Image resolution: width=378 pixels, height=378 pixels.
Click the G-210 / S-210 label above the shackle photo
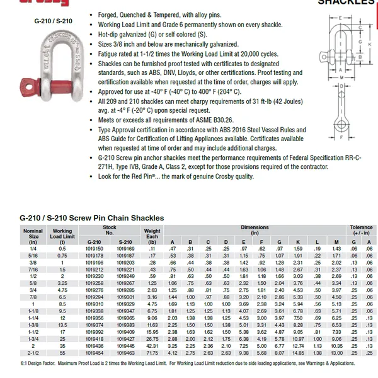pos(53,20)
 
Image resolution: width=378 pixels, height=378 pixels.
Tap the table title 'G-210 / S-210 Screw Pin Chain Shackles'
pos(92,218)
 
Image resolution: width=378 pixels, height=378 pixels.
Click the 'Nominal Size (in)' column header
pos(33,236)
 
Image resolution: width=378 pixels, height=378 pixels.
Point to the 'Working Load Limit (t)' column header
pos(62,236)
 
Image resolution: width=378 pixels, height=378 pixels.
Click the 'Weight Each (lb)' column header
pos(152,236)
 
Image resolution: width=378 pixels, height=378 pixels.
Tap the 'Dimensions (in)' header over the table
pos(254,229)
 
